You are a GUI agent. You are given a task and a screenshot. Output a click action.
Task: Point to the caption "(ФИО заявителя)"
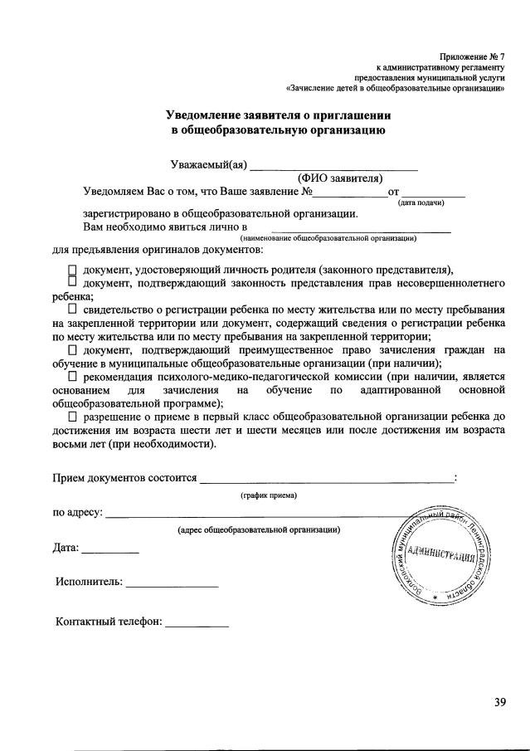[339, 178]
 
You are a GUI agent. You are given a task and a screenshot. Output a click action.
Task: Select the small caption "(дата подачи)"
[422, 202]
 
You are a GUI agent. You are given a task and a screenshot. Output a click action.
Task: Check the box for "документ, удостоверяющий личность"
[72, 271]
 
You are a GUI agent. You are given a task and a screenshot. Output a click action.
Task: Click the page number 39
[499, 703]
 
